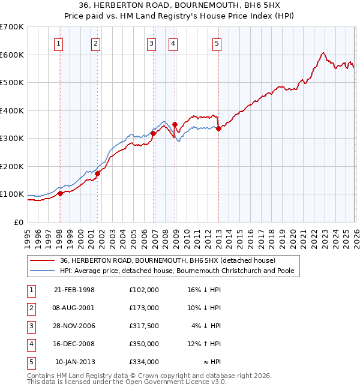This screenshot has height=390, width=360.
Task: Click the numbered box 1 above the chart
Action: click(59, 43)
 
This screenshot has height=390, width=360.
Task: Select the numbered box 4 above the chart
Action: click(172, 43)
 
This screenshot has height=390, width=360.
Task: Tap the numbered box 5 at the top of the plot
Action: click(216, 43)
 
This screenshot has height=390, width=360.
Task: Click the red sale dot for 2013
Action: click(219, 128)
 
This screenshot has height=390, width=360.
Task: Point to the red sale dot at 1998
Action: click(60, 194)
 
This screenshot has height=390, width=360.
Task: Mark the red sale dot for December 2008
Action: click(175, 124)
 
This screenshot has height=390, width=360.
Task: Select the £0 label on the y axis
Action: click(18, 222)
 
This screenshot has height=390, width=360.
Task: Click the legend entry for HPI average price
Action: click(176, 271)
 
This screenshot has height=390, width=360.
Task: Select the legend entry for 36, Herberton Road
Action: click(167, 260)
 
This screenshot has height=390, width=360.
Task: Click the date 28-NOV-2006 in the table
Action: click(74, 326)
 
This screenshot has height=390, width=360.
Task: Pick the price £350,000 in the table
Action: click(144, 344)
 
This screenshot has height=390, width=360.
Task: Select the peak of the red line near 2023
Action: click(323, 53)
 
